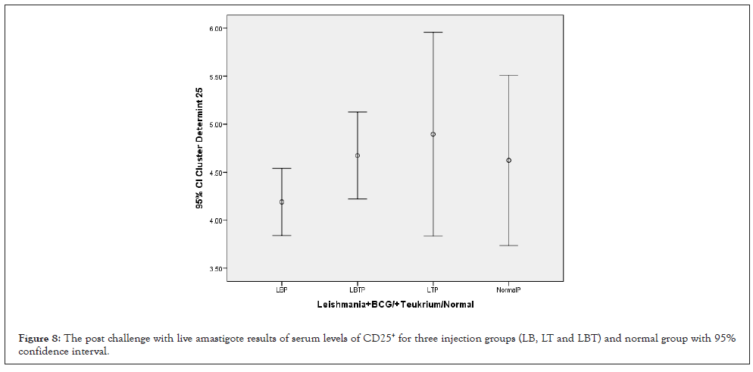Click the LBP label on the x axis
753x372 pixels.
click(281, 290)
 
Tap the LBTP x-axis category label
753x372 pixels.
click(357, 290)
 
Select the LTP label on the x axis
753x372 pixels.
click(433, 290)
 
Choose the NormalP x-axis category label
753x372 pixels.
click(508, 290)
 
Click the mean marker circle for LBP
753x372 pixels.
click(282, 202)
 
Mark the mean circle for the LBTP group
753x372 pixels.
click(358, 155)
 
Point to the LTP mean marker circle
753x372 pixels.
click(433, 134)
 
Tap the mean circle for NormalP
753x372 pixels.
click(508, 161)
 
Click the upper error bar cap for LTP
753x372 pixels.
click(433, 33)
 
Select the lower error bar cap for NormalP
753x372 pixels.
click(508, 245)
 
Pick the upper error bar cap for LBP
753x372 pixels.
click(282, 168)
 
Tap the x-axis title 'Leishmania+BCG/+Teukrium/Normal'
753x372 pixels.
click(390, 305)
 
